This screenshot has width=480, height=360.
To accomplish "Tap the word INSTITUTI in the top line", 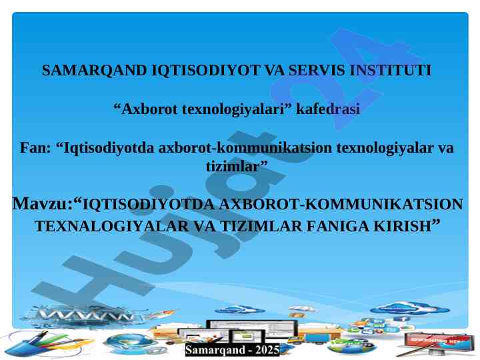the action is pos(390,71).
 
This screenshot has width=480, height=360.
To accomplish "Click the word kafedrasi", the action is pos(327,109).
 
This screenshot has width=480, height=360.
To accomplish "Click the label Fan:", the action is pos(35,148).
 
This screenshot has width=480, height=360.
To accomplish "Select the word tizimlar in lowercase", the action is pos(233,167).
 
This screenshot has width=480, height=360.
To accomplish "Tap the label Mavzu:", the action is pos(43,203).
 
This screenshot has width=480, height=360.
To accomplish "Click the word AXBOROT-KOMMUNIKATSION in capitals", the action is pos(341,205).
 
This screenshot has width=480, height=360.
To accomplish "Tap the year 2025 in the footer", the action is pos(267,350).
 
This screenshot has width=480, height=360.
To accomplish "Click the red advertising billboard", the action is pos(438,341).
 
